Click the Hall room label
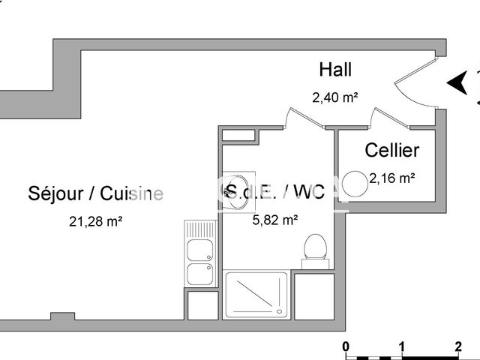tap(335, 70)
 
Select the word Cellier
tap(391, 150)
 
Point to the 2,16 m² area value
tap(391, 178)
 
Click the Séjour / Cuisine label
tap(95, 193)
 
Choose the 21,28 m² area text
tap(95, 221)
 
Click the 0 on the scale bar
tap(346, 347)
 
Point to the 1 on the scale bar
tap(402, 347)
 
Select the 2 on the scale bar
tap(457, 347)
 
